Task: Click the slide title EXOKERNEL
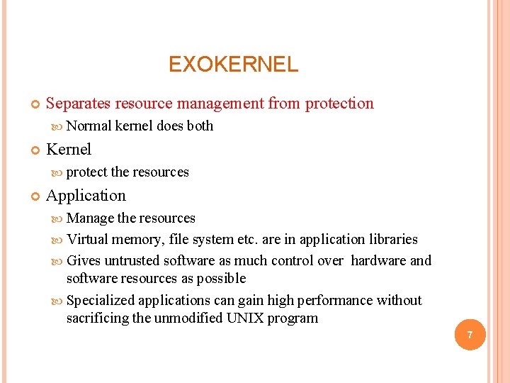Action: tap(233, 65)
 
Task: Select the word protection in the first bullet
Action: tap(339, 104)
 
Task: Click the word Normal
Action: tap(89, 126)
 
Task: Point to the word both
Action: tap(200, 126)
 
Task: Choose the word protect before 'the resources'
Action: tap(86, 172)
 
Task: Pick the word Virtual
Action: tap(87, 240)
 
